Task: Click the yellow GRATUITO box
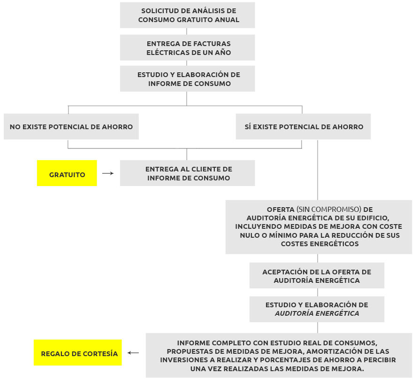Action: click(67, 173)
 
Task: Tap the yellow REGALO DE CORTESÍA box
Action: click(77, 352)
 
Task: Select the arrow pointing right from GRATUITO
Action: click(108, 173)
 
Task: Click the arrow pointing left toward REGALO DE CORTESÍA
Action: click(133, 353)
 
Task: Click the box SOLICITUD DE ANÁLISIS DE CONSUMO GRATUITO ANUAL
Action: click(187, 15)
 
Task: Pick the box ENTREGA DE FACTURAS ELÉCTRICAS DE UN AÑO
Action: click(187, 47)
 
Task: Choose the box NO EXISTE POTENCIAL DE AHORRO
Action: click(71, 126)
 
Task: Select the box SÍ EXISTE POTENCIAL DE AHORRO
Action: click(304, 126)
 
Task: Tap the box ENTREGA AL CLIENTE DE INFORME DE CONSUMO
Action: click(187, 173)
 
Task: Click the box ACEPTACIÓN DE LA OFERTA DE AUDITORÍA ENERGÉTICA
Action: click(317, 275)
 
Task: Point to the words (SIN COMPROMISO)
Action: click(329, 210)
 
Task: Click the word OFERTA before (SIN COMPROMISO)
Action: click(281, 210)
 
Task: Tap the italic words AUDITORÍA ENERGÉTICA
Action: click(317, 313)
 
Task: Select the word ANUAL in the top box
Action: click(227, 20)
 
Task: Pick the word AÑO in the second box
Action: click(222, 52)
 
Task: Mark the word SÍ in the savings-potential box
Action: click(248, 126)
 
